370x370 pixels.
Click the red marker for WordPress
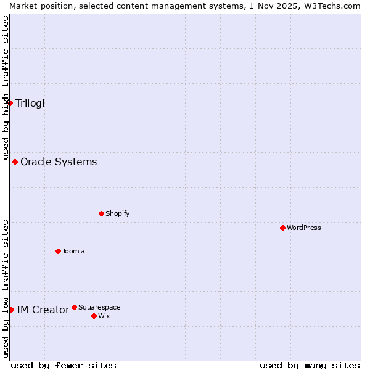pos(282,228)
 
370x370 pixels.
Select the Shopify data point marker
pos(101,213)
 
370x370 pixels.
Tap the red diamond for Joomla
pos(58,251)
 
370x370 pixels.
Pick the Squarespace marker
pos(74,307)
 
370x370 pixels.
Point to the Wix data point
pos(94,316)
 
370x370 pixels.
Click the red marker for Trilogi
pos(10,103)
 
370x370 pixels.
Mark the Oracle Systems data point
pos(15,162)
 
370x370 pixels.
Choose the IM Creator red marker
pos(11,310)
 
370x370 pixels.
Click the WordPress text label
pos(304,228)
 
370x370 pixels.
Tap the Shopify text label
pos(117,213)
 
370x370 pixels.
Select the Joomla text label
pos(73,251)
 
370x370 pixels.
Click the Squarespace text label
pos(99,307)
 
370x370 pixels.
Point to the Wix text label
pos(104,316)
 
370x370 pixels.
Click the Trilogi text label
pos(30,103)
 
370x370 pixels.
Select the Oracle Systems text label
pos(59,162)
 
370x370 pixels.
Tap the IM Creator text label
pos(43,310)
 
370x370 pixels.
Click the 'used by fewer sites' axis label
pos(64,365)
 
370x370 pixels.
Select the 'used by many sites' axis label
pos(310,365)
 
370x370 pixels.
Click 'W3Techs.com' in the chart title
pos(336,6)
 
